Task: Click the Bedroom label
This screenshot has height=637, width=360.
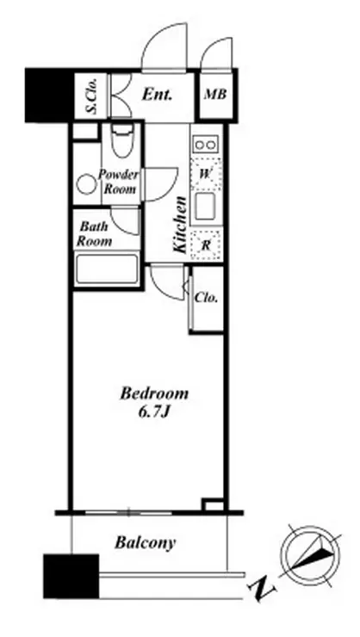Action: pyautogui.click(x=154, y=393)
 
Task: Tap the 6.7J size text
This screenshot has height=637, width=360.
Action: pyautogui.click(x=154, y=412)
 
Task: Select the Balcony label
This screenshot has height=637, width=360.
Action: pyautogui.click(x=145, y=543)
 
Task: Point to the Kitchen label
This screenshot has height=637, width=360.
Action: pyautogui.click(x=179, y=225)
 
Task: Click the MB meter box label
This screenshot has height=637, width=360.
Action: pyautogui.click(x=215, y=95)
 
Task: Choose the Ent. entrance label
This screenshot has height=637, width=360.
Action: pyautogui.click(x=157, y=95)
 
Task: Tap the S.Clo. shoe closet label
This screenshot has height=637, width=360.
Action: pyautogui.click(x=92, y=96)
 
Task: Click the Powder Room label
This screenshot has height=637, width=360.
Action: pyautogui.click(x=119, y=182)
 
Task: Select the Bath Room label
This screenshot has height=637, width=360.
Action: pyautogui.click(x=94, y=233)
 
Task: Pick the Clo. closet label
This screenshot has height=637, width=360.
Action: pyautogui.click(x=206, y=298)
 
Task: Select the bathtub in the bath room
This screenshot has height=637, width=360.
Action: pyautogui.click(x=107, y=269)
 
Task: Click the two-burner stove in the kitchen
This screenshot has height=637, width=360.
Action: pyautogui.click(x=206, y=145)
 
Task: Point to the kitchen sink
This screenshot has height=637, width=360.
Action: pyautogui.click(x=207, y=207)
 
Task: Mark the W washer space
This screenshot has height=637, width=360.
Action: pyautogui.click(x=206, y=174)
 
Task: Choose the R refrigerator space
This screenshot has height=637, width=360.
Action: pyautogui.click(x=206, y=245)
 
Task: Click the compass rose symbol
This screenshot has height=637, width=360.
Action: pyautogui.click(x=311, y=556)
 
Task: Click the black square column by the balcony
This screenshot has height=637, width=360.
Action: pyautogui.click(x=71, y=576)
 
